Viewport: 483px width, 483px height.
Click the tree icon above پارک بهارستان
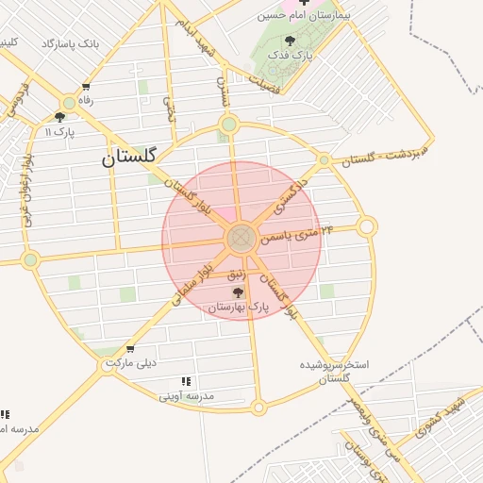[x=237, y=293]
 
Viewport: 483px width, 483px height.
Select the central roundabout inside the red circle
[x=241, y=238]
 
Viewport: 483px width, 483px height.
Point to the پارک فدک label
[x=290, y=56]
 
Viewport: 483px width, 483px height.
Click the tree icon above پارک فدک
[x=289, y=41]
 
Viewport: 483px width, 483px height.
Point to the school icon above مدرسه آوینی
[x=186, y=381]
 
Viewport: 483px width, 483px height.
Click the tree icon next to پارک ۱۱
[x=59, y=118]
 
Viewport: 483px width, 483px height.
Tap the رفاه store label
[x=87, y=99]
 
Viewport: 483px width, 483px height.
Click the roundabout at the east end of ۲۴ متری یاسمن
[x=367, y=226]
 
